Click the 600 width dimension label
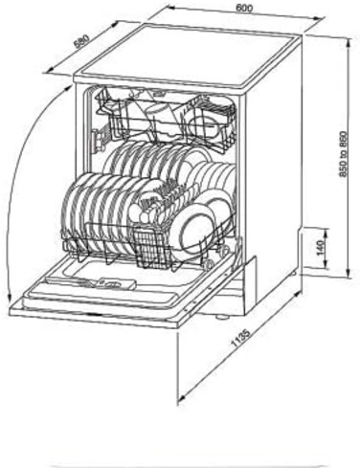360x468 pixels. pos(244,8)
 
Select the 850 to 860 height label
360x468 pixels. pos(343,154)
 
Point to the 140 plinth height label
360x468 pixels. pos(321,248)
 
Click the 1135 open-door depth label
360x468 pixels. pos(241,338)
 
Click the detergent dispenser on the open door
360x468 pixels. pos(117,283)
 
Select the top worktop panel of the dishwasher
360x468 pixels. pos(187,55)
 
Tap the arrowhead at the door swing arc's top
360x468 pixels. pos(68,87)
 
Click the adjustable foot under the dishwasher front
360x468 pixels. pos(222,318)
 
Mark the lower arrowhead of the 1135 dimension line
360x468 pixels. pos(181,399)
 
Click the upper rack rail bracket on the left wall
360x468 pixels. pos(99,140)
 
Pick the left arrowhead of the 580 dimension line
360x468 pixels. pos(50,70)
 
